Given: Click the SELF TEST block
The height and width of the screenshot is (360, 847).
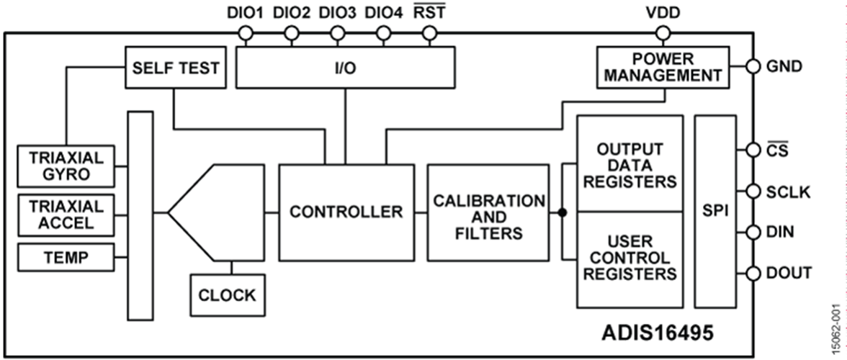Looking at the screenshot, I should (x=174, y=68).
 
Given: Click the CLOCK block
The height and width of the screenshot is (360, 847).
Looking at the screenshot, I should (x=227, y=294).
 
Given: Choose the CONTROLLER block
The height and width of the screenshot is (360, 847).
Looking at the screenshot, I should (x=346, y=212).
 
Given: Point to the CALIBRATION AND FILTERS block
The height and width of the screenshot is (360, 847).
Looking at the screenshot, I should (x=488, y=216).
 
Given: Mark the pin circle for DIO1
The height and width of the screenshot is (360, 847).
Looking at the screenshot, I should (x=245, y=33).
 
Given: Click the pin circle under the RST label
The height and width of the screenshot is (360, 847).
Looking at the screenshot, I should (x=429, y=33).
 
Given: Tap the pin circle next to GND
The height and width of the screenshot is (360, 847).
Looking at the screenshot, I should (x=753, y=66).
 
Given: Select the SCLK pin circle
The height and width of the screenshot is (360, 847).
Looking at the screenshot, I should (x=753, y=192).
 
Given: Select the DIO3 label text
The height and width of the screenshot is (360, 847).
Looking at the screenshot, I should (x=336, y=12).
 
